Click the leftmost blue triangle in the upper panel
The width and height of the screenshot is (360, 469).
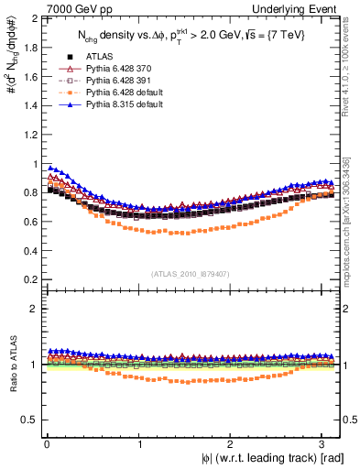[51, 168]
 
